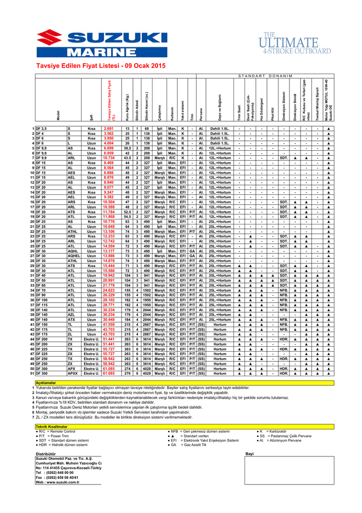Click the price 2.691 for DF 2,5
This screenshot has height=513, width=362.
coord(108,129)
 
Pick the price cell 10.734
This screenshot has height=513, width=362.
coord(108,158)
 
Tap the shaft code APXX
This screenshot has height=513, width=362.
coord(72,373)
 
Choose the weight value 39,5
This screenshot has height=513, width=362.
coord(127,148)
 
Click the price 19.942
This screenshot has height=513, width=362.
coord(108,276)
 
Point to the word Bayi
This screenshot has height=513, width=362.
coord(249,453)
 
